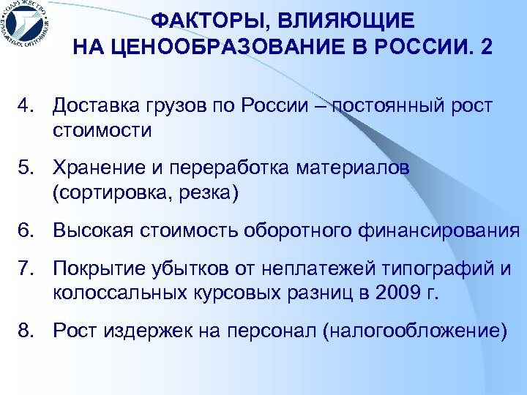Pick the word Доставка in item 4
point(91,106)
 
